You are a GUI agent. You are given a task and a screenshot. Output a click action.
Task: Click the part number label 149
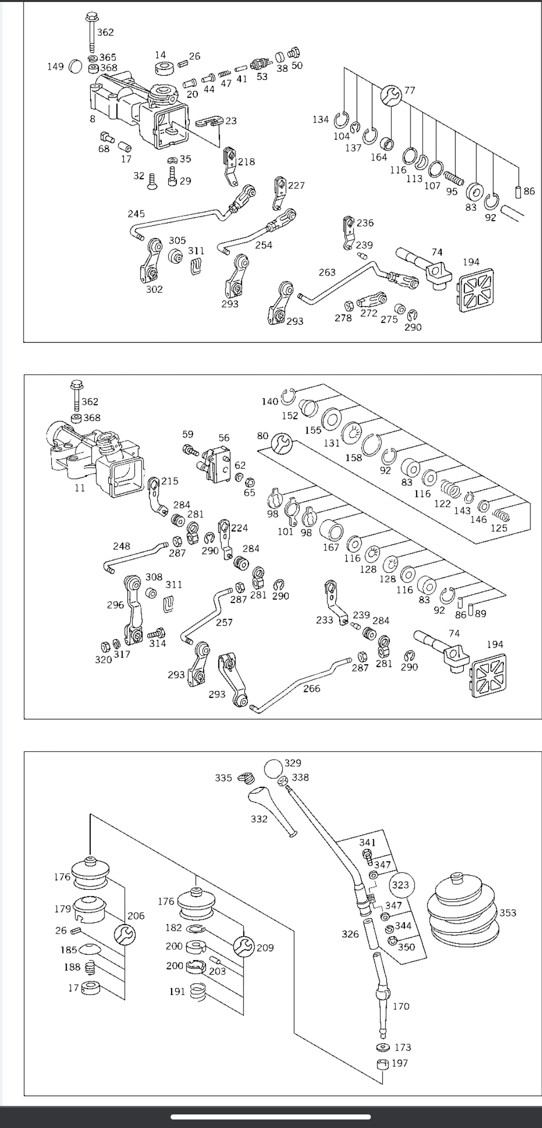coord(55,66)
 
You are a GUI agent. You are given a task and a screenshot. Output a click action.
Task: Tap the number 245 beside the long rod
coord(136,214)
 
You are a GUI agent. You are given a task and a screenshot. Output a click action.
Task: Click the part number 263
coord(327,272)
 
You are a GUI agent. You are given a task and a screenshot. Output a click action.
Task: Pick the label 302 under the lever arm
coord(154,289)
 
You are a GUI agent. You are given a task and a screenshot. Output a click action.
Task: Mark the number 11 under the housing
coord(80,488)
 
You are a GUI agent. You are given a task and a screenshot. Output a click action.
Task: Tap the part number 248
coord(121,546)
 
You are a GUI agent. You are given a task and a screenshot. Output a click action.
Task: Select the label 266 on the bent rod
coord(312,688)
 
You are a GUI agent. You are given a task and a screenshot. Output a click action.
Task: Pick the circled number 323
coord(400,885)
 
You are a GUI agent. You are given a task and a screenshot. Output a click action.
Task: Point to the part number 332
coord(259,819)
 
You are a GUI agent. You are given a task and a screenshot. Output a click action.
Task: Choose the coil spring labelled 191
coord(197,992)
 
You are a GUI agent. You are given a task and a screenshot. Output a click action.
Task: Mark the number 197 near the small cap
coord(399,1063)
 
